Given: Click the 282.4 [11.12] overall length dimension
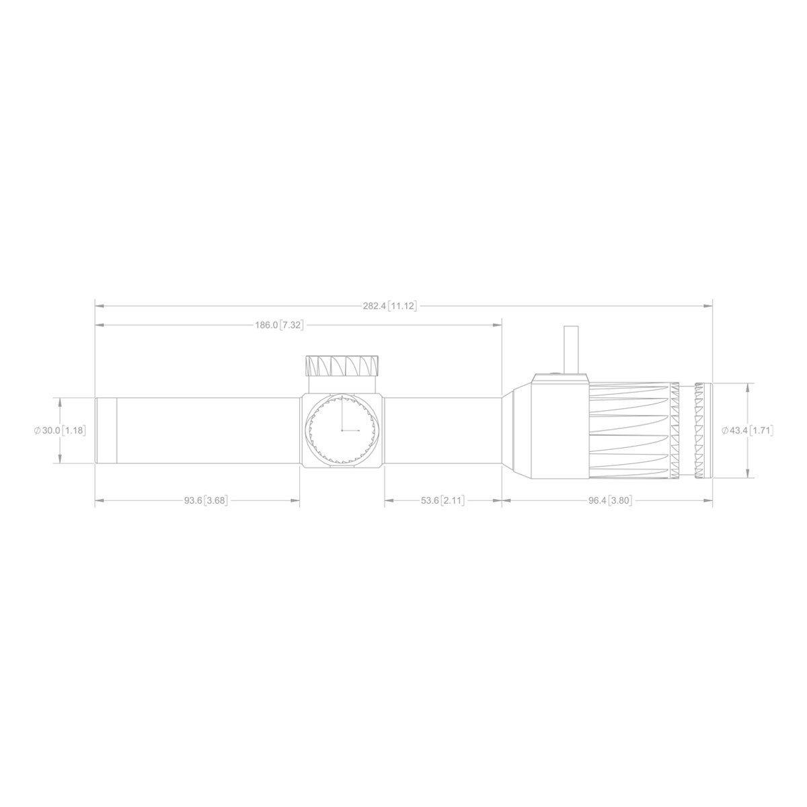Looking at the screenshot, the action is (390, 306).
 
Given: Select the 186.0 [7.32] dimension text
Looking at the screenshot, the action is (279, 325).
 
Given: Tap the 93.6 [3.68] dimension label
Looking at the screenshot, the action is (206, 500).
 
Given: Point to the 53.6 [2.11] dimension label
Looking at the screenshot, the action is (443, 500).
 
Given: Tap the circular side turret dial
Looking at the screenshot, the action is (342, 430).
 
